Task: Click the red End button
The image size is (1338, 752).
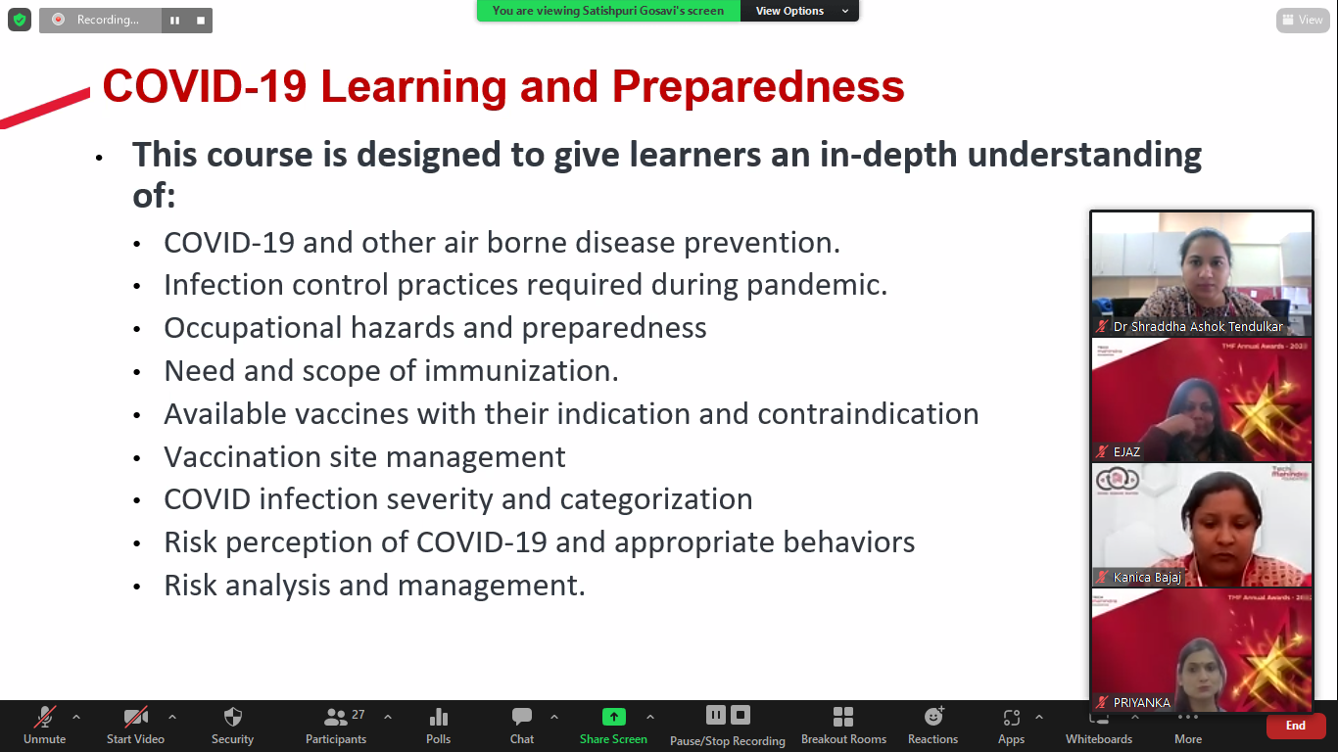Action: coord(1295,726)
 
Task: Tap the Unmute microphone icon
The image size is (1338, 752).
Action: coord(44,718)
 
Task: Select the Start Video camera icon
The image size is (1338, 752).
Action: coord(135,718)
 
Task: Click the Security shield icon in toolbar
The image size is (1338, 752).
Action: coord(232,718)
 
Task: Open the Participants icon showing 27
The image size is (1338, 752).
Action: coord(336,718)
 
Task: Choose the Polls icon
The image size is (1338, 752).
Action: coord(439,718)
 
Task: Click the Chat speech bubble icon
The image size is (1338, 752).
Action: coord(522,718)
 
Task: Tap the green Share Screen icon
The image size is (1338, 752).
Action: coord(613,718)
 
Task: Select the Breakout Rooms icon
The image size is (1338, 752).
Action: coord(843,718)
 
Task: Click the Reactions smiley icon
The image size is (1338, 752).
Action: coord(932,718)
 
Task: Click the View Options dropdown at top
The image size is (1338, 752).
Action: coord(799,11)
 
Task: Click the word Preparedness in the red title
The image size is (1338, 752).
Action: coord(758,87)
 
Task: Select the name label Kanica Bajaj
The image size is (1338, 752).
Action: coord(1146,578)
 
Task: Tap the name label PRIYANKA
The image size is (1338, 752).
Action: coord(1141,702)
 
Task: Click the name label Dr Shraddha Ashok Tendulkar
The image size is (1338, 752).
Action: coord(1197,327)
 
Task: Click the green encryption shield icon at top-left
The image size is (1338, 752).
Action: coord(19,20)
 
